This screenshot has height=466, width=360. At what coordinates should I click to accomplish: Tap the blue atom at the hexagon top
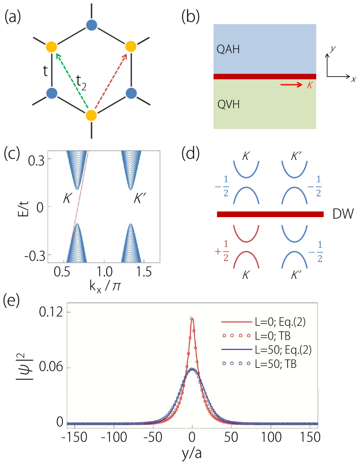pos(91,25)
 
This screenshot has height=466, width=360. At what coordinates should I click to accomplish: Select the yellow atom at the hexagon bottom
pos(91,115)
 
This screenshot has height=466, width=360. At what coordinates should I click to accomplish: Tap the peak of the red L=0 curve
pos(192,318)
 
